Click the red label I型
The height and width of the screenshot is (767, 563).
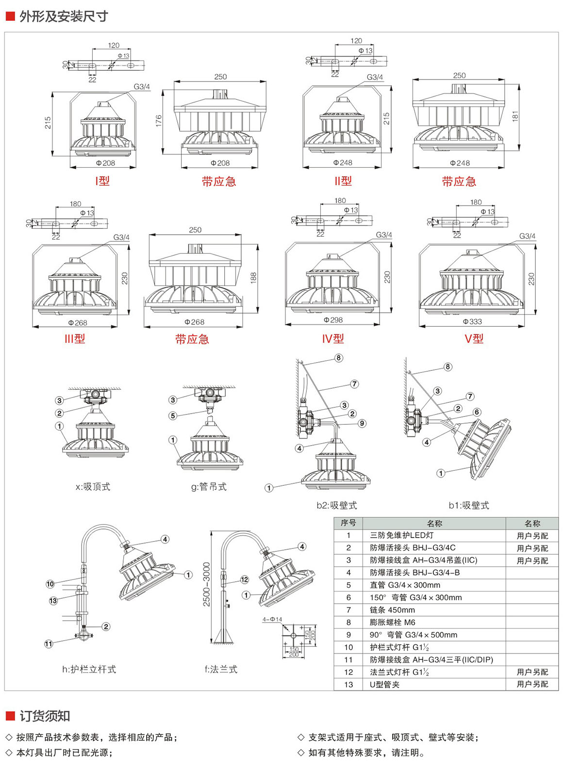pyautogui.click(x=102, y=181)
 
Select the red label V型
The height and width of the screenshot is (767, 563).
pyautogui.click(x=474, y=339)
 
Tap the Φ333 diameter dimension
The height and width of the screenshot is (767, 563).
pyautogui.click(x=472, y=321)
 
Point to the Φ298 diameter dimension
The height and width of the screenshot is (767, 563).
pyautogui.click(x=333, y=320)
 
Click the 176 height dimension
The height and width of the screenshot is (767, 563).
pyautogui.click(x=159, y=121)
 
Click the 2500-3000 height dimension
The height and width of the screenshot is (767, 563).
pyautogui.click(x=207, y=584)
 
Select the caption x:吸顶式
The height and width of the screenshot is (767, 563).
pyautogui.click(x=93, y=487)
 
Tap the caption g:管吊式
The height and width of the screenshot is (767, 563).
pyautogui.click(x=209, y=487)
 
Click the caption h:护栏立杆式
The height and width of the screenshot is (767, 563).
pyautogui.click(x=89, y=670)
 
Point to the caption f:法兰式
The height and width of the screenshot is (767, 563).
pyautogui.click(x=221, y=670)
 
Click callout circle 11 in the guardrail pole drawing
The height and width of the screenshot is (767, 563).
pyautogui.click(x=49, y=644)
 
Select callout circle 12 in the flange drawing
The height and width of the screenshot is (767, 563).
pyautogui.click(x=245, y=579)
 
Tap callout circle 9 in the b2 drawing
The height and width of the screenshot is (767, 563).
pyautogui.click(x=362, y=423)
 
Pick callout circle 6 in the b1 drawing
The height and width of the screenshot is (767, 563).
pyautogui.click(x=477, y=412)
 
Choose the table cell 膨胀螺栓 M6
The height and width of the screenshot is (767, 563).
pyautogui.click(x=392, y=623)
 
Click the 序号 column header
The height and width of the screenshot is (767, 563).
pyautogui.click(x=348, y=523)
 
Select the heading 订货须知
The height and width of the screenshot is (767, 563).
pyautogui.click(x=45, y=716)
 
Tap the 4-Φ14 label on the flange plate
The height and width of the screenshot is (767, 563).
pyautogui.click(x=272, y=620)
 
